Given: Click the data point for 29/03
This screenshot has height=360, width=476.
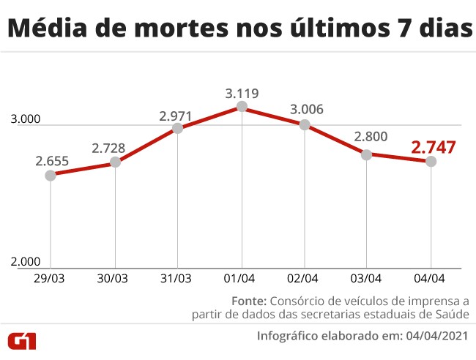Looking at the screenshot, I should (51, 175).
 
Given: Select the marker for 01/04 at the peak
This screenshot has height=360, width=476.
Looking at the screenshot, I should (242, 108).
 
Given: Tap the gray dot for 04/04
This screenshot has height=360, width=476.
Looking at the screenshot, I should (431, 161).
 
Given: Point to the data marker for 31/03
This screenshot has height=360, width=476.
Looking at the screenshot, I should (177, 128).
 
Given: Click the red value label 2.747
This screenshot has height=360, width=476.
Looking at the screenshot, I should (434, 146).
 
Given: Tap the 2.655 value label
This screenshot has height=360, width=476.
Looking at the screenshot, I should (51, 161).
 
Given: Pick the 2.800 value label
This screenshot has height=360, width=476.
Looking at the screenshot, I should (368, 137).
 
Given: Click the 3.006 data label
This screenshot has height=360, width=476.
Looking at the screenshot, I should (306, 110).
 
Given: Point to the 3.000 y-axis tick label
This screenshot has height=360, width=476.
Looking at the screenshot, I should (26, 120).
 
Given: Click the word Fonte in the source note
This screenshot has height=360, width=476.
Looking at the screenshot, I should (249, 301).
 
